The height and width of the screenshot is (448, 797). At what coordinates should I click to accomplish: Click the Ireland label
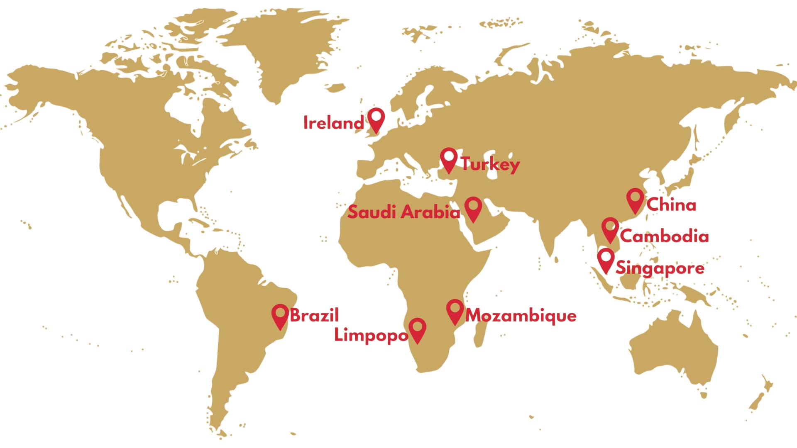point(333,123)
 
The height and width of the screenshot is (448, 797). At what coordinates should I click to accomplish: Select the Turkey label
point(490,164)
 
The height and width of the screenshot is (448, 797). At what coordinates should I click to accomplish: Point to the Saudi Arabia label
point(403,212)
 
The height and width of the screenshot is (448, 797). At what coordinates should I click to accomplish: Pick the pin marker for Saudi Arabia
point(473,207)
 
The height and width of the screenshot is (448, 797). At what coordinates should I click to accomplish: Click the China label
point(671,205)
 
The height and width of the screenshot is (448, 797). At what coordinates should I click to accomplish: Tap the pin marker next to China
point(635,199)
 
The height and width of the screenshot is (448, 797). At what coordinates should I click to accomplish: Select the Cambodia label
point(665,236)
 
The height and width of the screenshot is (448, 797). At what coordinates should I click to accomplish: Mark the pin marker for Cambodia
point(610,228)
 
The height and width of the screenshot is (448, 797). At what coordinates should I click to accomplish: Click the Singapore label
point(660,268)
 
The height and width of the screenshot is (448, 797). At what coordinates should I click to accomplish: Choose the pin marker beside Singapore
point(606,259)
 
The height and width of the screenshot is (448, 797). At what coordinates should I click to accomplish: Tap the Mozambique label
point(521,316)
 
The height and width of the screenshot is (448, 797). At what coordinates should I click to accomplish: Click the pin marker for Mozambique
point(455,310)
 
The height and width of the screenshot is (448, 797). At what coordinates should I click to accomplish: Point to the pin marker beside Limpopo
point(417,329)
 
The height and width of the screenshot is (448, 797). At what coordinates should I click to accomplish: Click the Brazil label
point(314,315)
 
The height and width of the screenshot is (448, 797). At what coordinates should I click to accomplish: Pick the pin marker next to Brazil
point(280,315)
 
